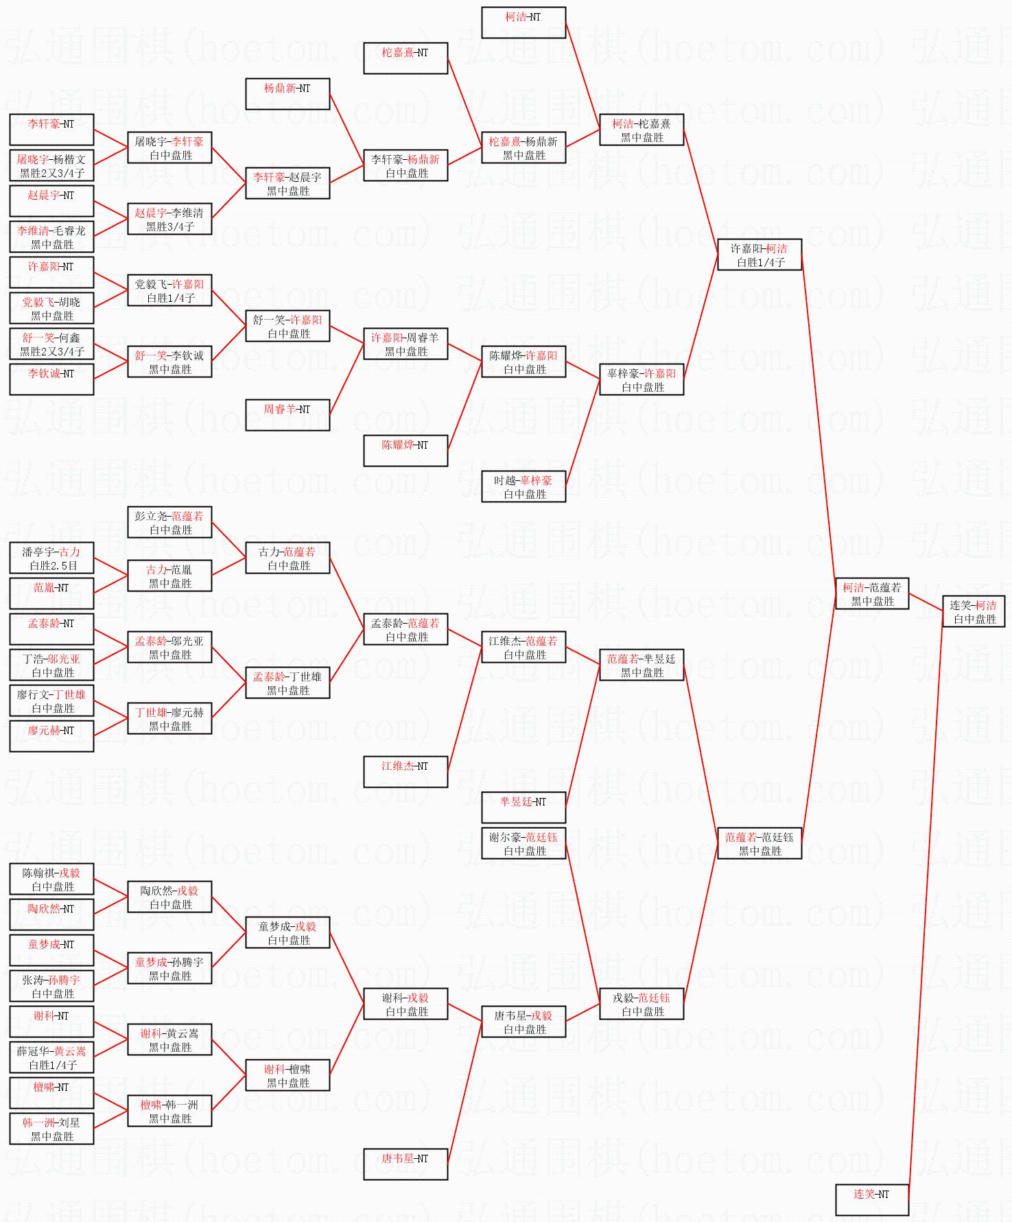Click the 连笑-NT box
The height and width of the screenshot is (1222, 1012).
pyautogui.click(x=871, y=1200)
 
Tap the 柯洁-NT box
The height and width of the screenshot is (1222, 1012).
pyautogui.click(x=523, y=23)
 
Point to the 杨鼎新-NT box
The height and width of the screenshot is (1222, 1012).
pyautogui.click(x=287, y=94)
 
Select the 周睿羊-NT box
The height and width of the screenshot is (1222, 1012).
pyautogui.click(x=287, y=415)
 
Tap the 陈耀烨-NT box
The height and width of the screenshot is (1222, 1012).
pyautogui.click(x=405, y=451)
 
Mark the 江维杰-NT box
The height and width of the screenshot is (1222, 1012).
pyautogui.click(x=405, y=772)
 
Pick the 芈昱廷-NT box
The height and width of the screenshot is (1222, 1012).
pyautogui.click(x=523, y=808)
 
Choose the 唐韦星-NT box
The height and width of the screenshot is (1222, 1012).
pyautogui.click(x=405, y=1164)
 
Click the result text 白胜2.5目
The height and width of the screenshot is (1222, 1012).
pyautogui.click(x=52, y=566)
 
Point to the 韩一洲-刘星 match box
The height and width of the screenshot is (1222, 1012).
pyautogui.click(x=51, y=1129)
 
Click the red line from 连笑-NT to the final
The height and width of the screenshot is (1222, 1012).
pyautogui.click(x=926, y=906)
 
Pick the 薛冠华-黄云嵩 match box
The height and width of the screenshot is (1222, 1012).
pyautogui.click(x=51, y=1057)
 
